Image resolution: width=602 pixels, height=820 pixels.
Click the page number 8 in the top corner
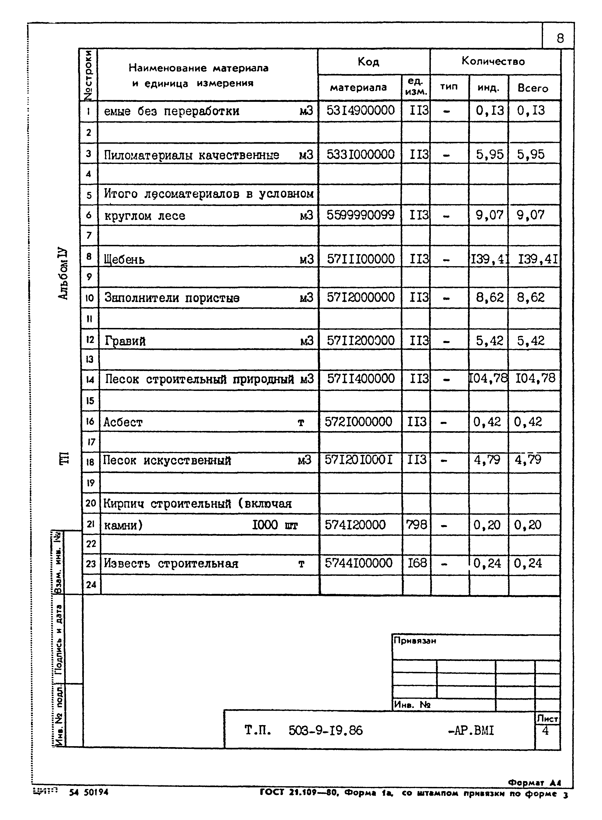click(560, 38)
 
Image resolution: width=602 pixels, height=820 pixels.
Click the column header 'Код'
click(369, 62)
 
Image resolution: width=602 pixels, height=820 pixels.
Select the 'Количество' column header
click(493, 61)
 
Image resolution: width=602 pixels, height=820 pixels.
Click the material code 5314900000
click(360, 110)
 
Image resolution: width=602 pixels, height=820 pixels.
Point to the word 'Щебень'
click(124, 260)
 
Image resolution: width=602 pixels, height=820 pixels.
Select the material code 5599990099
click(360, 215)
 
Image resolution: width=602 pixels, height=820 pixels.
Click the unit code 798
click(416, 525)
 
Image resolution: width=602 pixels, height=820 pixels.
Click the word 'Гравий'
click(125, 341)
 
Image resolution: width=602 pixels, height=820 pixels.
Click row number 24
click(91, 585)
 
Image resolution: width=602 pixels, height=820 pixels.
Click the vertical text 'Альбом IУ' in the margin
click(63, 274)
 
